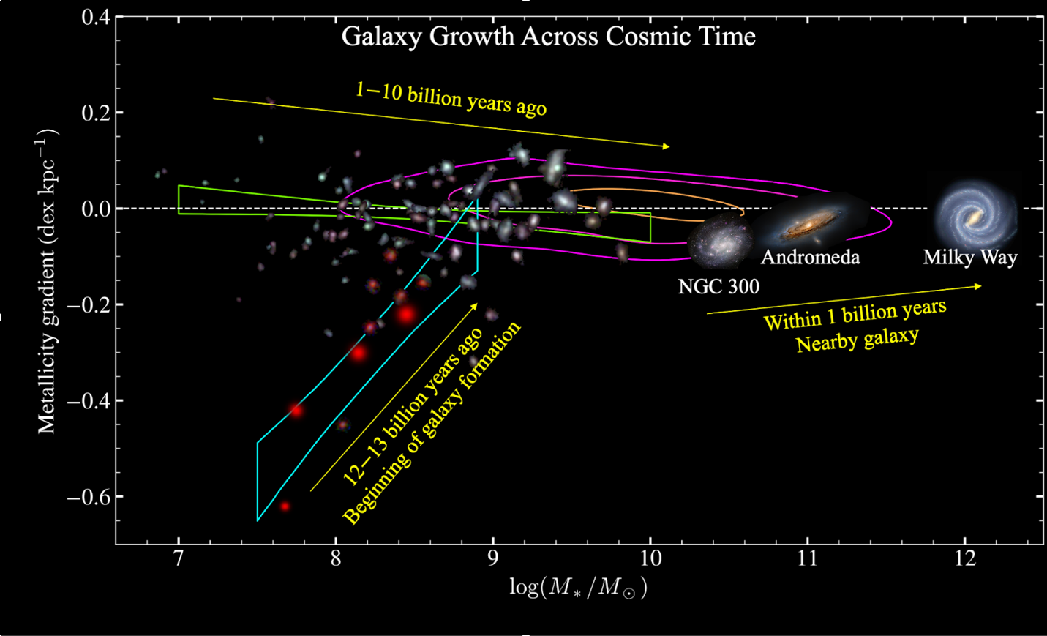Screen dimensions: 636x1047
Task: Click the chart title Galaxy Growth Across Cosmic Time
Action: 548,37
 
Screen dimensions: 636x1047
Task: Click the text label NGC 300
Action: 718,286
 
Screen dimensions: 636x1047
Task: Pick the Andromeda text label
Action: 810,257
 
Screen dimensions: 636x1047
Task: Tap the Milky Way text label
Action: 969,258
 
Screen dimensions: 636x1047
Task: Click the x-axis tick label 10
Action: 650,558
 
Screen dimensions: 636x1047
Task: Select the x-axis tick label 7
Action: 179,558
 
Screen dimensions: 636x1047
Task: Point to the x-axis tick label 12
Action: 964,558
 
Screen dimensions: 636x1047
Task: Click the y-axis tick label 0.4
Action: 96,17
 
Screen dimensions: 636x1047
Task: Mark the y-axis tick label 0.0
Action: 96,209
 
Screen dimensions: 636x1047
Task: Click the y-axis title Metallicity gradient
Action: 48,282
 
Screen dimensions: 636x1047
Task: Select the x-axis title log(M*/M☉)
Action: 578,587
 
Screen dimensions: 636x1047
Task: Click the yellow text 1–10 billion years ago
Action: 451,99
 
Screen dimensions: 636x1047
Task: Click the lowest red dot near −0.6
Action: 285,506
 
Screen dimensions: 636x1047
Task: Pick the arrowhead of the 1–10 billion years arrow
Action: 666,146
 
